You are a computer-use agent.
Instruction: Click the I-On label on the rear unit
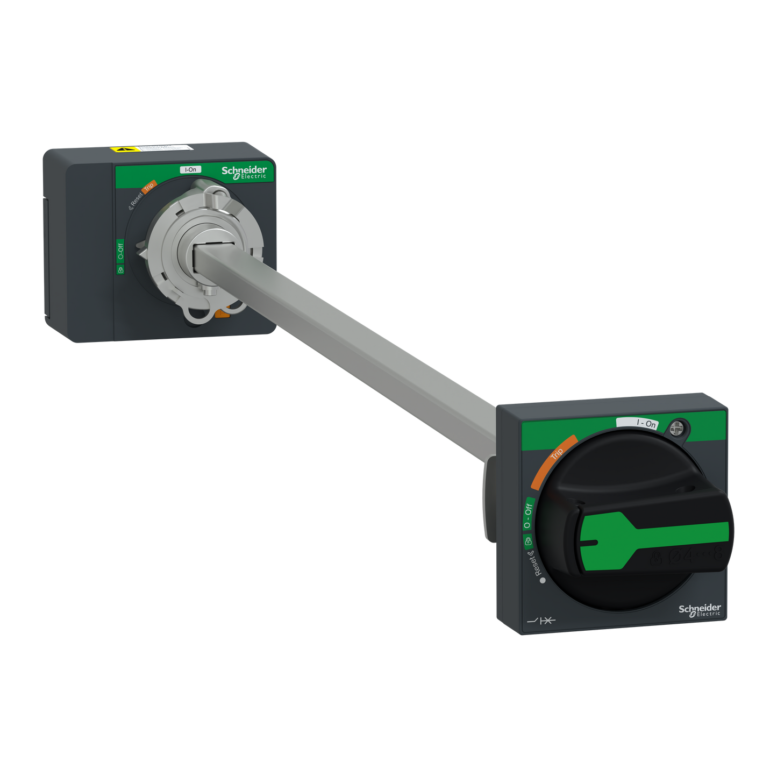point(190,169)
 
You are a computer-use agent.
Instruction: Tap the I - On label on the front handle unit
point(645,423)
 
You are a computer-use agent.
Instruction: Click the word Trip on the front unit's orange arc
point(557,453)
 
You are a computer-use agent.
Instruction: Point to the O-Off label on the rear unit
point(120,251)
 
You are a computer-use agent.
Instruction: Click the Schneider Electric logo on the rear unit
point(244,172)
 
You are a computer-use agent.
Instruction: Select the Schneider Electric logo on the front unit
point(699,610)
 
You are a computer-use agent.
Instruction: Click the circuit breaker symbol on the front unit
point(541,621)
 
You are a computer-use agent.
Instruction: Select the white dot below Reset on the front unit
point(543,581)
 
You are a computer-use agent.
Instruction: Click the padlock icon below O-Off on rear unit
point(120,269)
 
